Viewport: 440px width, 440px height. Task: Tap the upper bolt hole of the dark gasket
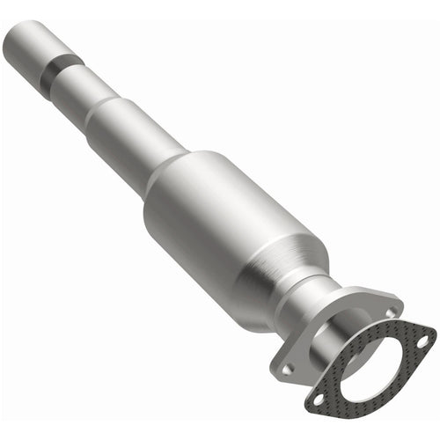pyautogui.click(x=421, y=339)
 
